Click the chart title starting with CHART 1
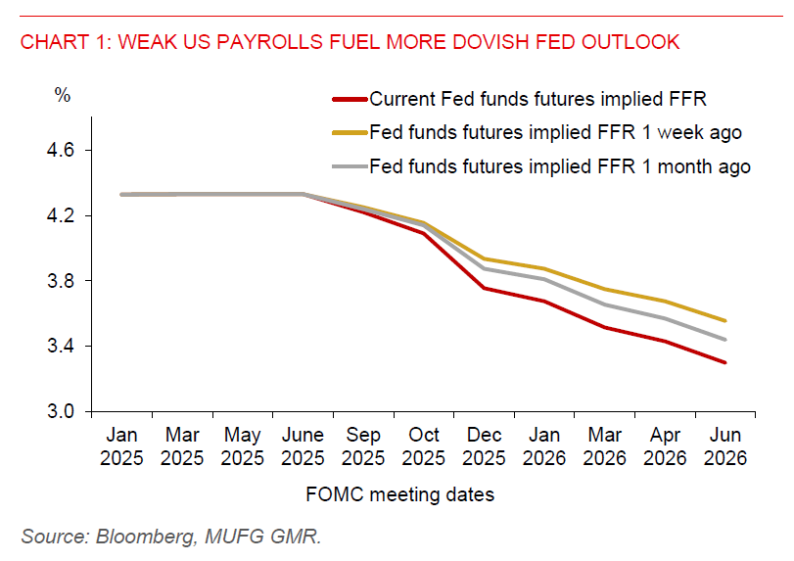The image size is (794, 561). coord(350,42)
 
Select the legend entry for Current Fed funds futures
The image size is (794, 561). coord(537,99)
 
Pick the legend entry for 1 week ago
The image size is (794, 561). coord(555,132)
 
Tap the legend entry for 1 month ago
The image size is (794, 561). coord(560,166)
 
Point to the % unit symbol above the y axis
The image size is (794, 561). coord(63,96)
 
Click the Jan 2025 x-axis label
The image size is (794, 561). coord(121,447)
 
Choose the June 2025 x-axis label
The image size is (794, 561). coord(303,447)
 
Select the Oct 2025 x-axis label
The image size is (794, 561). coord(423,447)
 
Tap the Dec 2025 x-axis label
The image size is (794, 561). coord(484,447)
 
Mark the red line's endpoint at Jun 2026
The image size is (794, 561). coord(724,362)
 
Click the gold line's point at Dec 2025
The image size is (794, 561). coord(484,258)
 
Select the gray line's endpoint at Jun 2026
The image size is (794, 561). coord(724,340)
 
